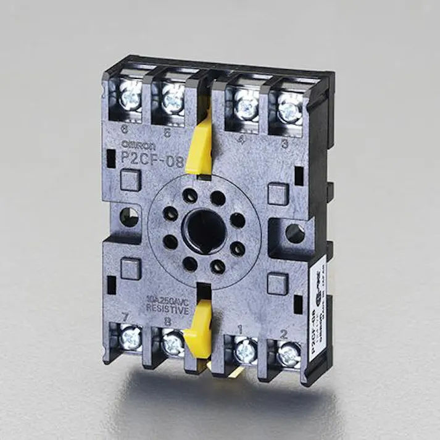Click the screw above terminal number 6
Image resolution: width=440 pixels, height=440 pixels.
coord(131,95)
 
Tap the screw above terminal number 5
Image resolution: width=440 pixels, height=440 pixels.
coord(173,98)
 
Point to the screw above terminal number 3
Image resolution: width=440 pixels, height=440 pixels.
coord(288,110)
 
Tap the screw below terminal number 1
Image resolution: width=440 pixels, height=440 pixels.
coord(246,350)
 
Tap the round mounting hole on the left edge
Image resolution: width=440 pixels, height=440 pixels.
coord(131,216)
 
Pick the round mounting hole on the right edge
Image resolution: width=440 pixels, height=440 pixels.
coord(295,234)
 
